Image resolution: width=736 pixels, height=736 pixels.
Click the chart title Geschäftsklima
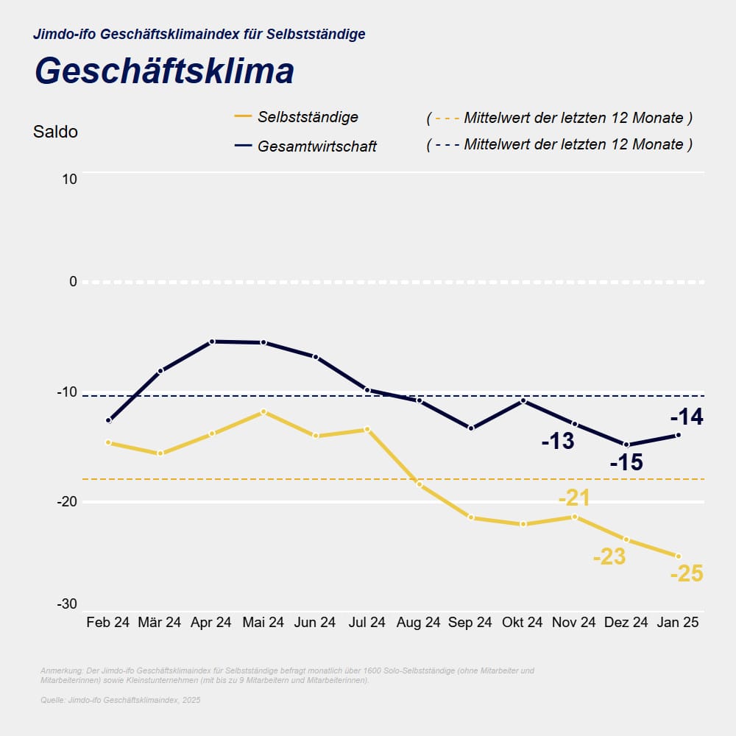coord(164,71)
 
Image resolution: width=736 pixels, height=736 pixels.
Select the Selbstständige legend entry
coord(308,117)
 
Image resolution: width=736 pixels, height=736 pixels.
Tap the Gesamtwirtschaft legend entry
coord(316,146)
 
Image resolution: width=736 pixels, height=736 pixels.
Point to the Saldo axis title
coord(55,132)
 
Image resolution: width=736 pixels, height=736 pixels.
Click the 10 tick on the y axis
coord(68,179)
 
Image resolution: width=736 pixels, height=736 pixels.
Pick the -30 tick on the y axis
coord(67,604)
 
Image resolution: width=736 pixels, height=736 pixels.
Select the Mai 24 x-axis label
coord(263,622)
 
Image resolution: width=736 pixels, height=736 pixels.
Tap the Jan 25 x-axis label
coord(678,622)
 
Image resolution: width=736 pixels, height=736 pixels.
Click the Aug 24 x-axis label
coord(418,622)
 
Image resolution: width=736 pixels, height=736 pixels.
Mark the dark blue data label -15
coord(626,463)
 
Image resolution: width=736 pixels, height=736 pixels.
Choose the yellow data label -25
coord(687,573)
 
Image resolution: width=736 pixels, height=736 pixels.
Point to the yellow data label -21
coord(574,498)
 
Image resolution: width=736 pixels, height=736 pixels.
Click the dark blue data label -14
coord(687,418)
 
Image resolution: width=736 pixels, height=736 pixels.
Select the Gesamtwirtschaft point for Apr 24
coord(212,342)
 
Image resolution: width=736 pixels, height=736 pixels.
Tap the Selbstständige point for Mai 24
coord(263,411)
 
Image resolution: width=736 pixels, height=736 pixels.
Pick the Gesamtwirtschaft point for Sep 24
coord(471,428)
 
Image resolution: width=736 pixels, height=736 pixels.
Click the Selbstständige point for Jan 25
coord(678,556)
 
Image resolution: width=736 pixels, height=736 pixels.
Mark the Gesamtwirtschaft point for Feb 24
coord(109,421)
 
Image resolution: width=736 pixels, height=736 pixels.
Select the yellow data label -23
coord(609,556)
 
